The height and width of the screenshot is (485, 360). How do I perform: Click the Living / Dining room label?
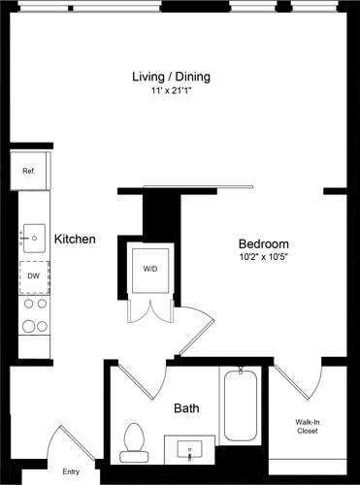(x=171, y=77)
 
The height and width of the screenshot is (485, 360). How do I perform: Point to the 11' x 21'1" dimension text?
(x=171, y=92)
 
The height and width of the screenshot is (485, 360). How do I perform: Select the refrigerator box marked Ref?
(x=30, y=172)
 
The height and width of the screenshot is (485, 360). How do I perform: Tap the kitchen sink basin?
(x=34, y=236)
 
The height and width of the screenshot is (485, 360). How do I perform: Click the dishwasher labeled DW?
(x=34, y=275)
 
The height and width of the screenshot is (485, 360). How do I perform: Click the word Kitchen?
(x=75, y=239)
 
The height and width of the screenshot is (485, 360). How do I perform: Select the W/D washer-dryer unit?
(x=150, y=268)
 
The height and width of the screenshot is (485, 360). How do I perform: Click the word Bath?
(x=186, y=409)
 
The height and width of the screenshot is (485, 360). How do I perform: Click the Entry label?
(x=71, y=471)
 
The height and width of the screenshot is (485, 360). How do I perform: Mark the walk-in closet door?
(x=297, y=389)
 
